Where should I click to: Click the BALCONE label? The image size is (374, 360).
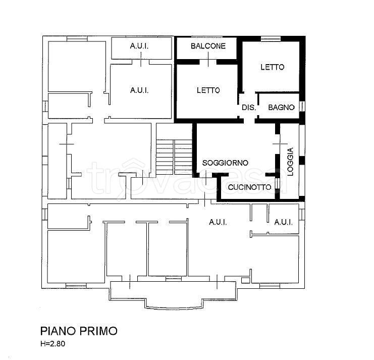pyautogui.click(x=208, y=46)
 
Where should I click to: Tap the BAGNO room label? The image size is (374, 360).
pyautogui.click(x=281, y=108)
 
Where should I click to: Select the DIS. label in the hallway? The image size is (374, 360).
pyautogui.click(x=249, y=108)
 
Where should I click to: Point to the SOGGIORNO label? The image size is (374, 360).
pyautogui.click(x=225, y=163)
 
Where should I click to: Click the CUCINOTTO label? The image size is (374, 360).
pyautogui.click(x=249, y=187)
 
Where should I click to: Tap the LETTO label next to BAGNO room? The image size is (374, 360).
pyautogui.click(x=273, y=67)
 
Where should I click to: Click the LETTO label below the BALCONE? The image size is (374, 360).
pyautogui.click(x=208, y=90)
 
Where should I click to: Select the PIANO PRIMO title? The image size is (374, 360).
pyautogui.click(x=79, y=331)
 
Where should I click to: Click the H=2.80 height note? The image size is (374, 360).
pyautogui.click(x=52, y=343)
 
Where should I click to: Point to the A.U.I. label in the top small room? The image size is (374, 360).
pyautogui.click(x=139, y=46)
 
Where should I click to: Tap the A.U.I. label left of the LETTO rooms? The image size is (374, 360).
pyautogui.click(x=139, y=90)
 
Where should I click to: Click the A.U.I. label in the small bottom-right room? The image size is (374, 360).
pyautogui.click(x=283, y=222)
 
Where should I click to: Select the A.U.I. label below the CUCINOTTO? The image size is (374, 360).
pyautogui.click(x=218, y=222)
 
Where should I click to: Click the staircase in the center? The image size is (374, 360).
pyautogui.click(x=174, y=157)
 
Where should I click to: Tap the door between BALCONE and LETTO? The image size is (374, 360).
pyautogui.click(x=208, y=62)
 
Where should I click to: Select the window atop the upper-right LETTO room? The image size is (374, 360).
pyautogui.click(x=271, y=39)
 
